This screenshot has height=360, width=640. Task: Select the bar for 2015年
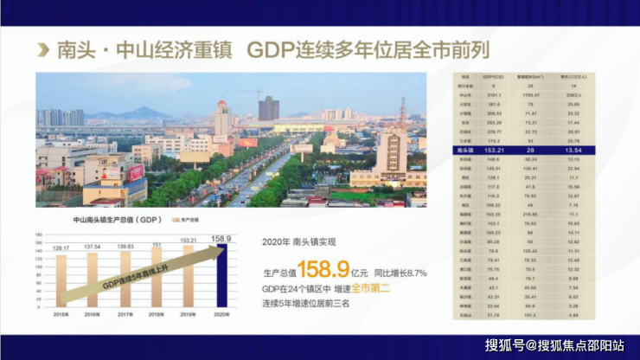coord(61,281)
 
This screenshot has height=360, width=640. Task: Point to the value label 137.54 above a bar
coord(93,247)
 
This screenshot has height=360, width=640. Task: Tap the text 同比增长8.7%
coord(399,273)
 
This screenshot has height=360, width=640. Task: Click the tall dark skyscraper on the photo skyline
coord(269,108)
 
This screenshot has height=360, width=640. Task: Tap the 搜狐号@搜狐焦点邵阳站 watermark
coord(555,346)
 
